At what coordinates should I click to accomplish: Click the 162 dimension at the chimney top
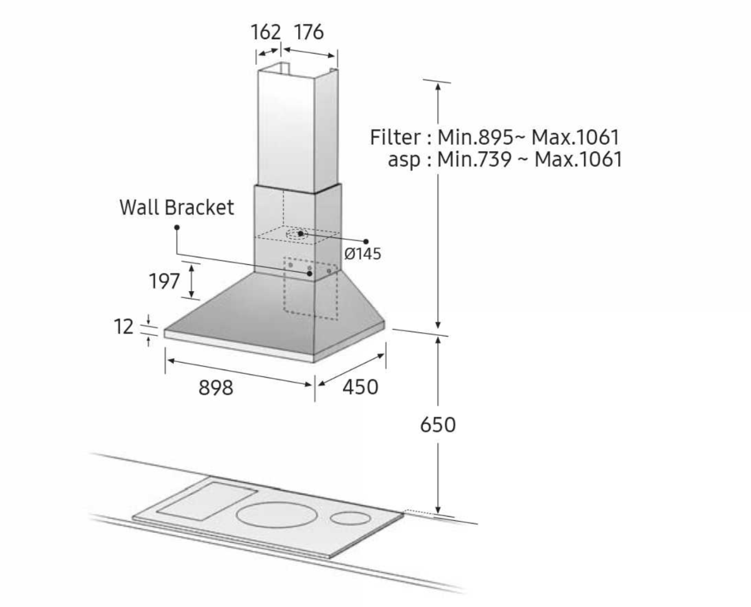click(265, 32)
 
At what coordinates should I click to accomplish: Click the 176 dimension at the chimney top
click(309, 32)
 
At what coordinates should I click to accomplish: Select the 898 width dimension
click(216, 388)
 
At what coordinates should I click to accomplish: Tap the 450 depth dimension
click(360, 387)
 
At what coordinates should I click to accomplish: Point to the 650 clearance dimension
click(438, 425)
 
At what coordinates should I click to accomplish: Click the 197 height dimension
click(164, 281)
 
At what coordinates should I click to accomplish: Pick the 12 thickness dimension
click(124, 327)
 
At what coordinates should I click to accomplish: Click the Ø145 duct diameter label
click(362, 254)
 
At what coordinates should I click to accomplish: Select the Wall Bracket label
click(177, 208)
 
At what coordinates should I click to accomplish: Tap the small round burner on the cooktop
click(350, 518)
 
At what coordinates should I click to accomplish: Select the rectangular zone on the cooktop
click(207, 500)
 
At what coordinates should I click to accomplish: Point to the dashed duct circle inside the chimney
click(300, 234)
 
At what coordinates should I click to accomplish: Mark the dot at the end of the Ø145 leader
click(366, 241)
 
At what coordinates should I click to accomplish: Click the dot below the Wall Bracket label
click(177, 228)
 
